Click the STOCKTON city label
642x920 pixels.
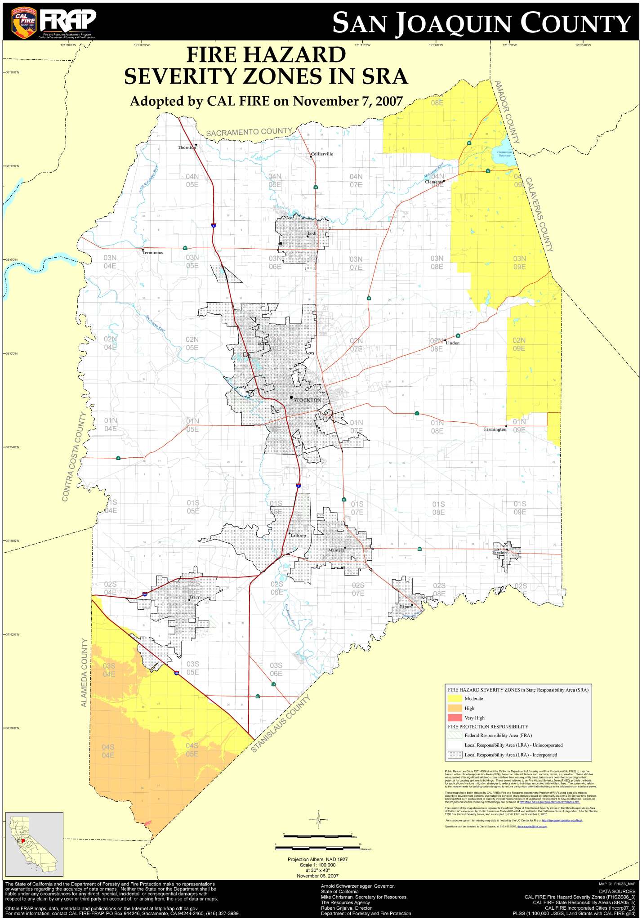click(307, 400)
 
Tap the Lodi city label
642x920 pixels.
click(312, 233)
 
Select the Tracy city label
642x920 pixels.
click(194, 598)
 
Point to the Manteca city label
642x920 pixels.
click(336, 550)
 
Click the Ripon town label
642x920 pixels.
click(406, 607)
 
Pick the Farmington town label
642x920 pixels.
click(495, 429)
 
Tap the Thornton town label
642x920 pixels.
click(187, 147)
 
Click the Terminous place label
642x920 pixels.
click(153, 253)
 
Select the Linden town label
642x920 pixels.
click(453, 343)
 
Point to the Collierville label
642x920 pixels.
click(322, 154)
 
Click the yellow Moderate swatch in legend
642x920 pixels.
click(455, 698)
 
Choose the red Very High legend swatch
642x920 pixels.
click(455, 718)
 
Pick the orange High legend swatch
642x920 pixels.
click(455, 708)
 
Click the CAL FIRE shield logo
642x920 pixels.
click(24, 22)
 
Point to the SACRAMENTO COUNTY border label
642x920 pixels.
click(249, 132)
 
